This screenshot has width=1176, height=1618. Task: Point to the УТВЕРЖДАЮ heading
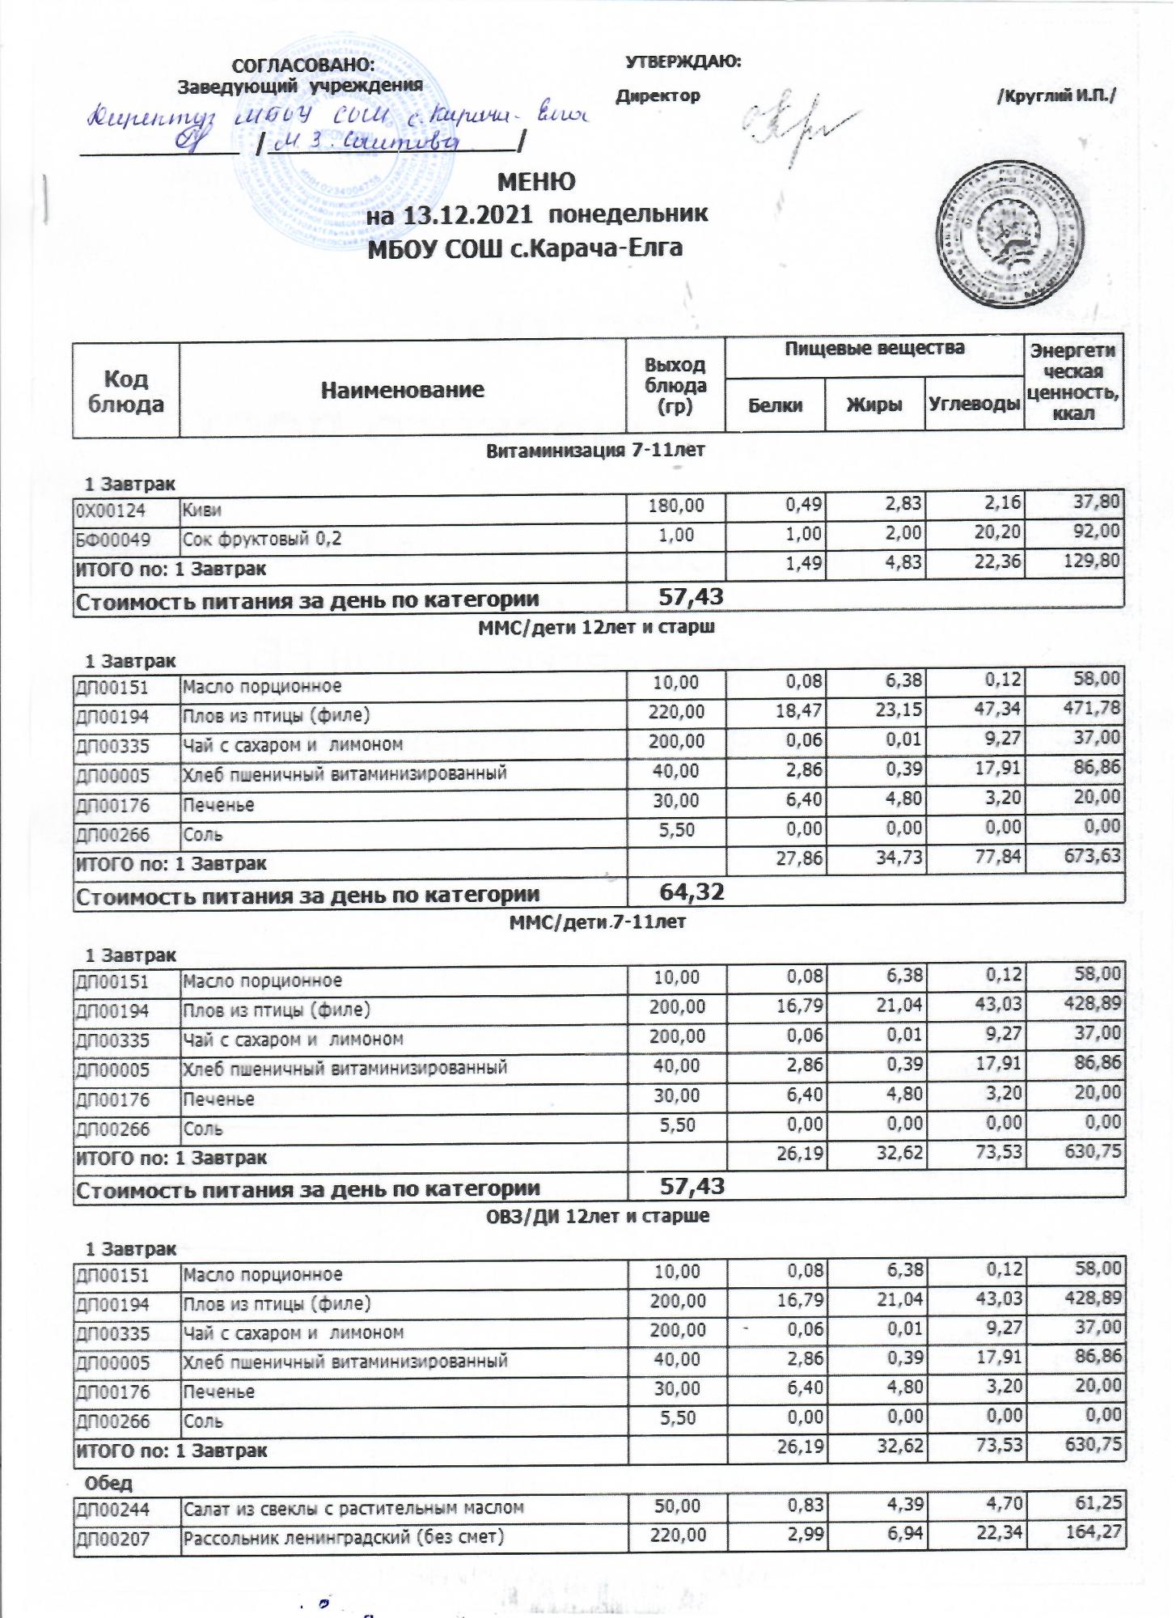683,61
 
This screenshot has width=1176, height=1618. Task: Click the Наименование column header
402,391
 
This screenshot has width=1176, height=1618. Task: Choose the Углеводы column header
974,404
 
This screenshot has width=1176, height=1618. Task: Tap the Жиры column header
874,404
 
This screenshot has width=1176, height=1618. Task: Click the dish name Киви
202,510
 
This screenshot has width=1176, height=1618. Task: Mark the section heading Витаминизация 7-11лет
594,451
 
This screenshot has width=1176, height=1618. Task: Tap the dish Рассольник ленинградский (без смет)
343,1536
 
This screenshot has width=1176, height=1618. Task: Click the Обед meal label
109,1483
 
